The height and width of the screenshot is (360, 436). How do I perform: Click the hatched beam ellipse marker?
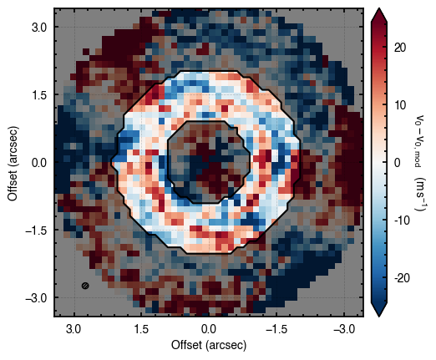pyautogui.click(x=85, y=286)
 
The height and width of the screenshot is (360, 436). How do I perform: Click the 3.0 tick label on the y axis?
pyautogui.click(x=39, y=28)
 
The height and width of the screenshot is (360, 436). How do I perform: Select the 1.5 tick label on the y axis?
pyautogui.click(x=39, y=95)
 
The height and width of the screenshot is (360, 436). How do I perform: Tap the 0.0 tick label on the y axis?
pyautogui.click(x=39, y=163)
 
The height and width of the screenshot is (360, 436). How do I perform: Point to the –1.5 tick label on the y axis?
pyautogui.click(x=37, y=231)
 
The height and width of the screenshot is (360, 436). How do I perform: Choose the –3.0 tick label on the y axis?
pyautogui.click(x=37, y=298)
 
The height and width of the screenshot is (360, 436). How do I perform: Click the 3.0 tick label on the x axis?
pyautogui.click(x=74, y=329)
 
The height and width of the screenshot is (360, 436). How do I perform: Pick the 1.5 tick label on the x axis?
pyautogui.click(x=141, y=329)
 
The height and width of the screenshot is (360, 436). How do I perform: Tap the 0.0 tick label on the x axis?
pyautogui.click(x=209, y=329)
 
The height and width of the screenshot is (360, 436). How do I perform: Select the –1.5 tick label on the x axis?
pyautogui.click(x=276, y=329)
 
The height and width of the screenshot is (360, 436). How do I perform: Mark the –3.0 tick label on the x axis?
pyautogui.click(x=344, y=329)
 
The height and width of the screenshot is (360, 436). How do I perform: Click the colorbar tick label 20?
pyautogui.click(x=400, y=48)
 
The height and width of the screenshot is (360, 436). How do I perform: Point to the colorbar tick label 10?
pyautogui.click(x=400, y=105)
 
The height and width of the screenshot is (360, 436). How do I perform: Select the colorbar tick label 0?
pyautogui.click(x=398, y=163)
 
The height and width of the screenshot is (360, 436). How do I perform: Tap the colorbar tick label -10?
pyautogui.click(x=402, y=221)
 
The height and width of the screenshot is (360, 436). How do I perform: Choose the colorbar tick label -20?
pyautogui.click(x=402, y=277)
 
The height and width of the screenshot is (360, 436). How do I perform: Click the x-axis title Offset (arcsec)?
pyautogui.click(x=209, y=345)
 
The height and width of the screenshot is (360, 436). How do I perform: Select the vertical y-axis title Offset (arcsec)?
pyautogui.click(x=13, y=164)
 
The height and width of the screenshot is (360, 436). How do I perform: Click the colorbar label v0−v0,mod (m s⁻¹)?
pyautogui.click(x=418, y=163)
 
